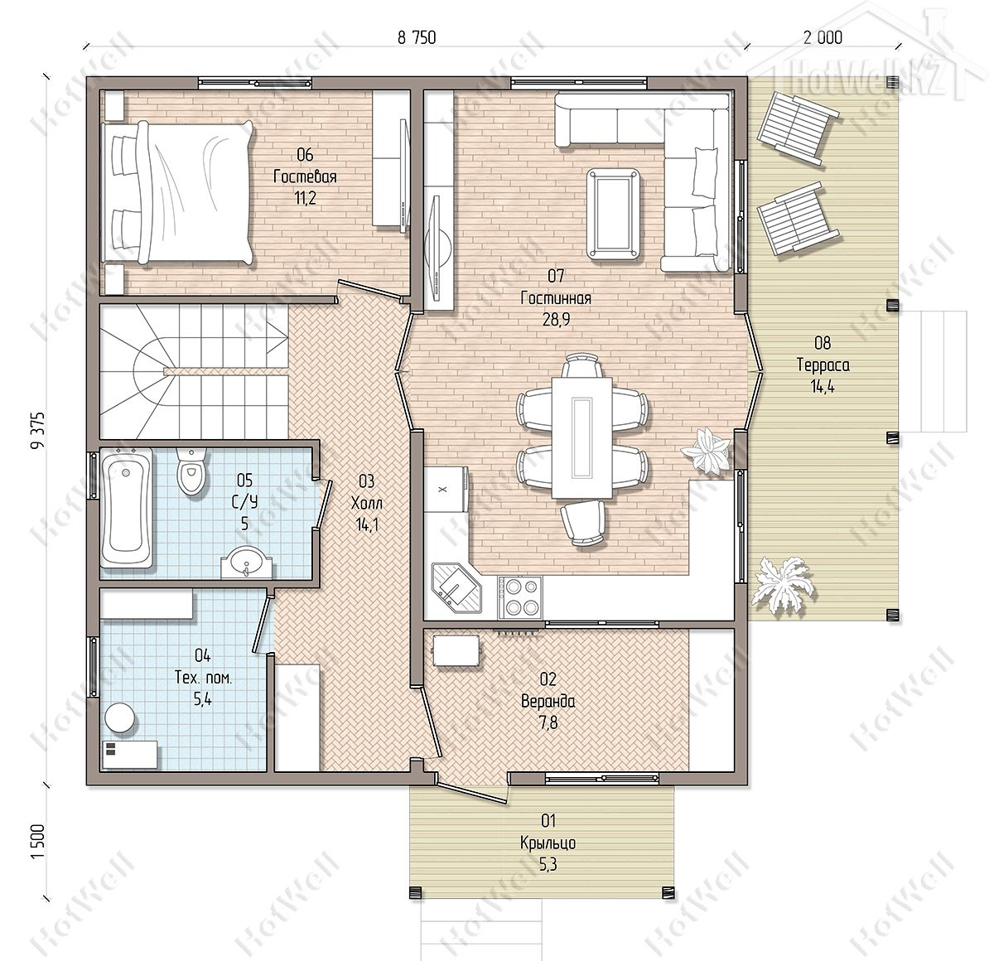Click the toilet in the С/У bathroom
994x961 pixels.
click(191, 471)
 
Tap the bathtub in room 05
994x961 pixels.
click(126, 509)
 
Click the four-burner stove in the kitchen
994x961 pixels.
click(519, 597)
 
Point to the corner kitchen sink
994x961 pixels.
click(457, 587)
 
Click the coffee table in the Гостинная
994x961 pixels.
click(613, 214)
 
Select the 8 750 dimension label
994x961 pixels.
click(417, 37)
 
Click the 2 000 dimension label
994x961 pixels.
click(823, 37)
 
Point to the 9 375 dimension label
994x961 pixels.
click(38, 431)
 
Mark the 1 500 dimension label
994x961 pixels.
click(38, 842)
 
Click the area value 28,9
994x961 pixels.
click(556, 319)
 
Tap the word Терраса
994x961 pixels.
click(823, 365)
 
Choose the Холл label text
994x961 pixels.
click(366, 504)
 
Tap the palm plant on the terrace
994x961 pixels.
click(781, 583)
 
